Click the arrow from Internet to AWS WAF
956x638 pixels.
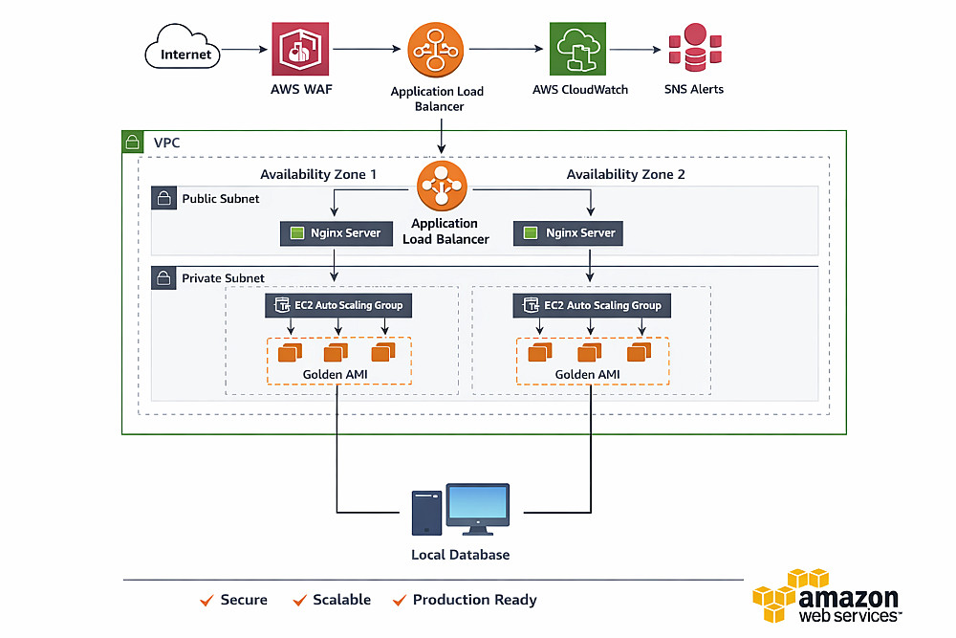pyautogui.click(x=243, y=49)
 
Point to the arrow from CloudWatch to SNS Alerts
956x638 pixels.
pyautogui.click(x=635, y=49)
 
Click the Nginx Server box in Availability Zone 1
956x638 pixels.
pyautogui.click(x=336, y=232)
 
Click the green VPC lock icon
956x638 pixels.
pyautogui.click(x=134, y=143)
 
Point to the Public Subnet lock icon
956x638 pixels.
pyautogui.click(x=163, y=199)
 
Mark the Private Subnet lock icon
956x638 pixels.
pyautogui.click(x=163, y=278)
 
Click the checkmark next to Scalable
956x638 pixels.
pyautogui.click(x=300, y=600)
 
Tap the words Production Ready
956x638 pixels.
pyautogui.click(x=474, y=600)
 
